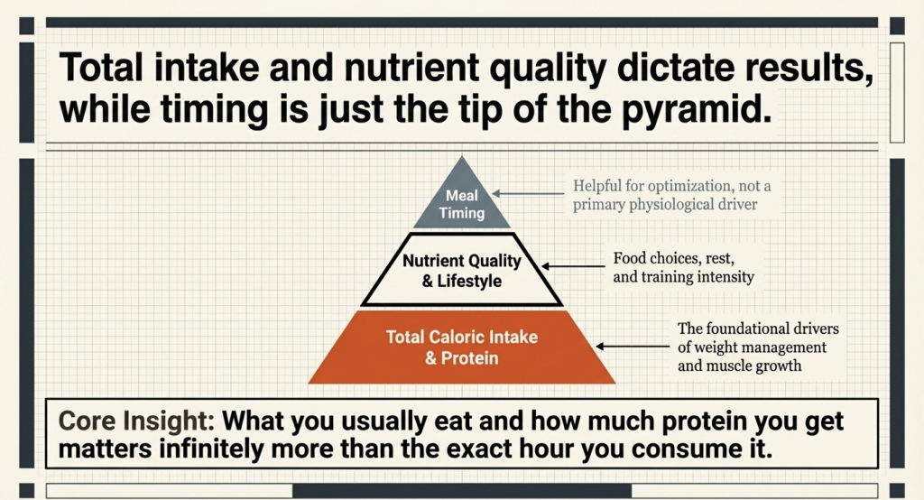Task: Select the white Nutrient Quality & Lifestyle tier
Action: (462, 271)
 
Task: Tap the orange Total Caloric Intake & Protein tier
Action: (462, 348)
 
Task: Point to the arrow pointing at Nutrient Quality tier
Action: (577, 266)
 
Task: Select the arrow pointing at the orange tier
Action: (632, 346)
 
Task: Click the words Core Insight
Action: (133, 420)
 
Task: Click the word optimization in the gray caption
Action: (678, 187)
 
